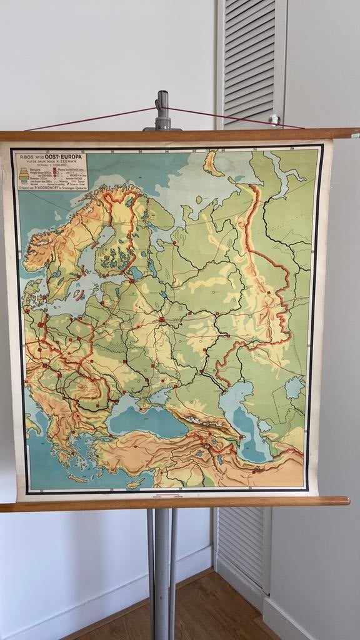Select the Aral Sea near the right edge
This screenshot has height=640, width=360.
pos(294,387)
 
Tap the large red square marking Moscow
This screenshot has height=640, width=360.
pos(162,319)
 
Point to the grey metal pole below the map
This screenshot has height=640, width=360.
pos(161,562)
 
